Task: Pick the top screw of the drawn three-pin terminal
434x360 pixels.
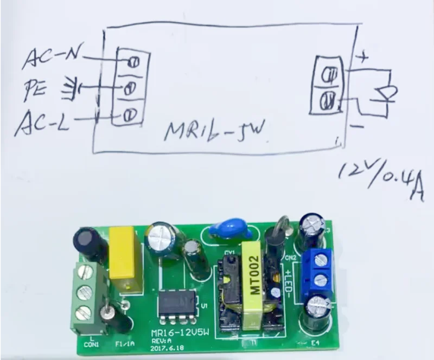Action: (x=130, y=61)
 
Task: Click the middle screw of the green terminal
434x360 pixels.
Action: (x=83, y=293)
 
